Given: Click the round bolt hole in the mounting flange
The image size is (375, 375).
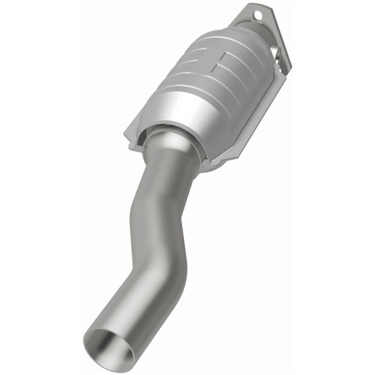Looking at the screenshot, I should tap(257, 15).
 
